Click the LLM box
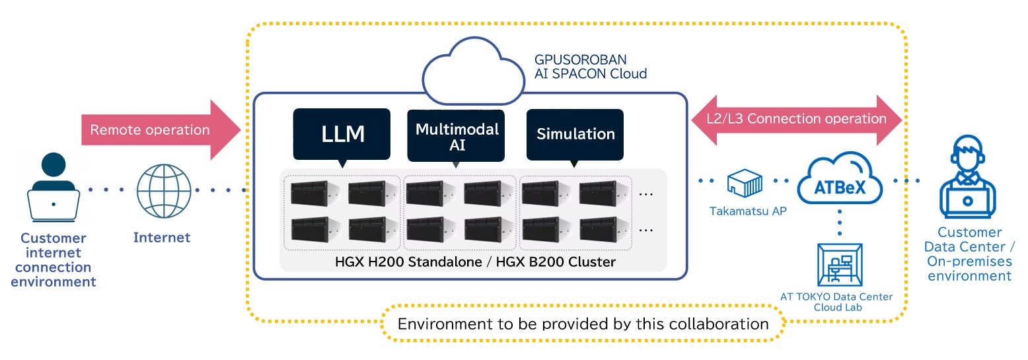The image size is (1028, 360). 343,134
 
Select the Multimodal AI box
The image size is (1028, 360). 457,135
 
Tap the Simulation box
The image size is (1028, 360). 575,134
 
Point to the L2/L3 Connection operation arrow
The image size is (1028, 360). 797,119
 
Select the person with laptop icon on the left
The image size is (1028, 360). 54,189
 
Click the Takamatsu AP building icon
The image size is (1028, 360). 745,182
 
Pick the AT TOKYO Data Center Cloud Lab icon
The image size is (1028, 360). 839,265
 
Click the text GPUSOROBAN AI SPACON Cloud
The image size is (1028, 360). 591,67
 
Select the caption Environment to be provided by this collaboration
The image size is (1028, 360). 583,324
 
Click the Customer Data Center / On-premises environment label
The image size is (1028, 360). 969,254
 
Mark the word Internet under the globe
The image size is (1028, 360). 162,237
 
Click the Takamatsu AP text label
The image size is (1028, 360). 744,211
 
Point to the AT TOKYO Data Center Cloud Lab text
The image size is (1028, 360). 836,302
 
